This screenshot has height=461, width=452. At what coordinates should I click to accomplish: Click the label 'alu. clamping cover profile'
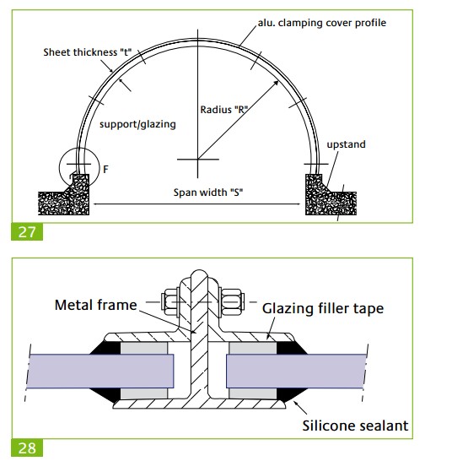pyautogui.click(x=322, y=24)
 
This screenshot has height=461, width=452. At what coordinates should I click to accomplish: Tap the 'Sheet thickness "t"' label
pyautogui.click(x=87, y=52)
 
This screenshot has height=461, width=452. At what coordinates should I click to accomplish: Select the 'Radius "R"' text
pyautogui.click(x=223, y=110)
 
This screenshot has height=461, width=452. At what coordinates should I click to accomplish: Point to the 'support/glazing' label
pyautogui.click(x=137, y=124)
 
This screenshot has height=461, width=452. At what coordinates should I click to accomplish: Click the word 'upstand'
pyautogui.click(x=346, y=144)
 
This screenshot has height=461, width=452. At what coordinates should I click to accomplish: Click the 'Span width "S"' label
pyautogui.click(x=208, y=193)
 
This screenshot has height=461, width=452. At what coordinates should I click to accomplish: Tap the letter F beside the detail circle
pyautogui.click(x=105, y=170)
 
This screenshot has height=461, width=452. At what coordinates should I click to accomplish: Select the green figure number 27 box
pyautogui.click(x=27, y=232)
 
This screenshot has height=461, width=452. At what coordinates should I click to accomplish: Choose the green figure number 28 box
pyautogui.click(x=27, y=447)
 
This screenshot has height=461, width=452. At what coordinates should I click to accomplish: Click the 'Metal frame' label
pyautogui.click(x=96, y=305)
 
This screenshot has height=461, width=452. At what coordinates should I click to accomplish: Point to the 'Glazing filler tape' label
pyautogui.click(x=323, y=309)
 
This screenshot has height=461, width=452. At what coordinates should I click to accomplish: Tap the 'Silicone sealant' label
pyautogui.click(x=355, y=426)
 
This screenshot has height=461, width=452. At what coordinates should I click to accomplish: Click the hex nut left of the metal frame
pyautogui.click(x=170, y=302)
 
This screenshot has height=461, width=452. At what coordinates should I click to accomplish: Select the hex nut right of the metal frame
pyautogui.click(x=232, y=302)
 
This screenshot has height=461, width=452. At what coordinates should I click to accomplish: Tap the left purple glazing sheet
pyautogui.click(x=100, y=372)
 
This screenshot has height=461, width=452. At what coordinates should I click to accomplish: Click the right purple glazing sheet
pyautogui.click(x=296, y=372)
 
